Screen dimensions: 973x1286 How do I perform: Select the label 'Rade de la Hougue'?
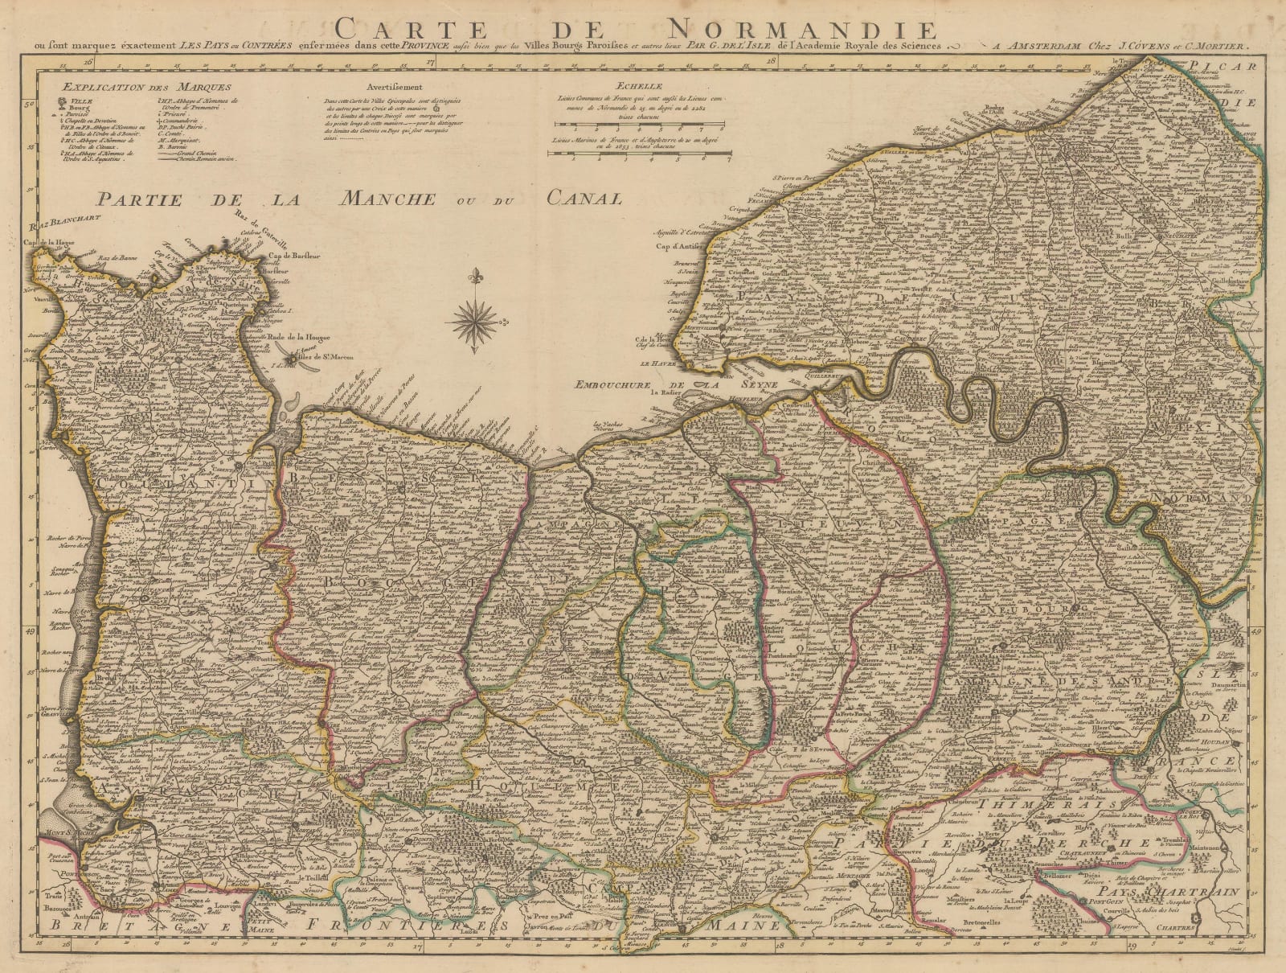306,338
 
